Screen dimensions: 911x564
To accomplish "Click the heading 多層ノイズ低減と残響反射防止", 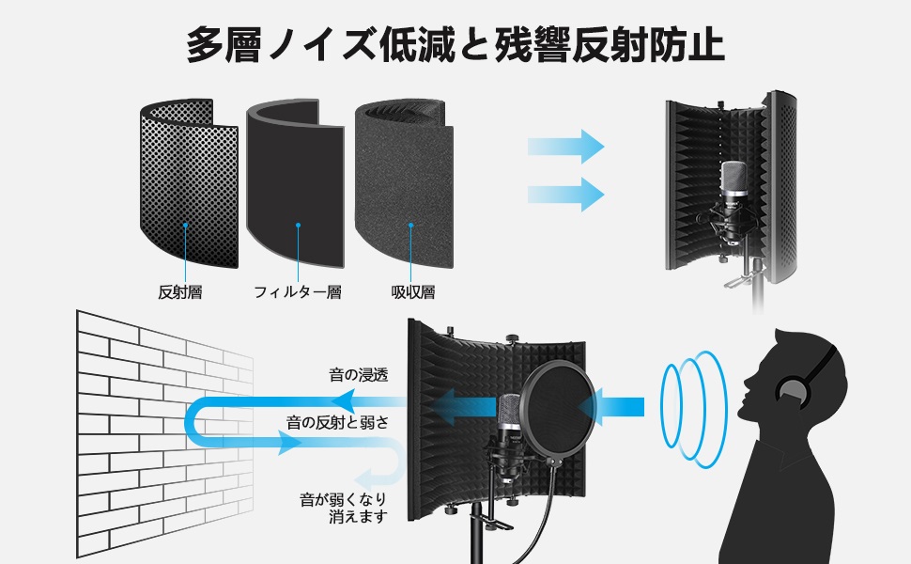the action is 455,44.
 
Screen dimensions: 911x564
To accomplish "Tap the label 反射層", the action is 179,292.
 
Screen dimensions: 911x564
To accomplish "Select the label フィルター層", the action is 298,292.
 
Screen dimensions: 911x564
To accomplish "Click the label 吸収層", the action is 413,292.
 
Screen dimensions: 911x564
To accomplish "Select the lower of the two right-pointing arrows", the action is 564,194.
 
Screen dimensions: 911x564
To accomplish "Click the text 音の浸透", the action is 359,375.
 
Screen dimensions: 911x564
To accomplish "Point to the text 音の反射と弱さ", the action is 338,422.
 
